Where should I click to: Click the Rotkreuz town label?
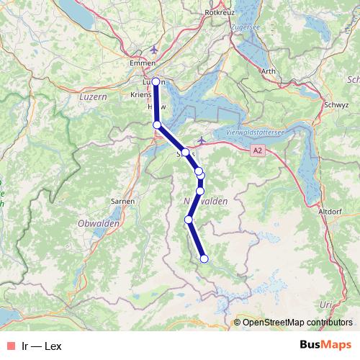[x=220, y=12]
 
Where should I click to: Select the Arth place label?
[x=269, y=71]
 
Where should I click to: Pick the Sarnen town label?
[x=123, y=201]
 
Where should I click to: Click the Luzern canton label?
[x=92, y=96]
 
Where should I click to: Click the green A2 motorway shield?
[x=258, y=150]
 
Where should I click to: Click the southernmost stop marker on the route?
[x=204, y=258]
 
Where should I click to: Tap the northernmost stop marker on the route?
[x=156, y=81]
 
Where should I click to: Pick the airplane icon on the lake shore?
[x=202, y=138]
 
